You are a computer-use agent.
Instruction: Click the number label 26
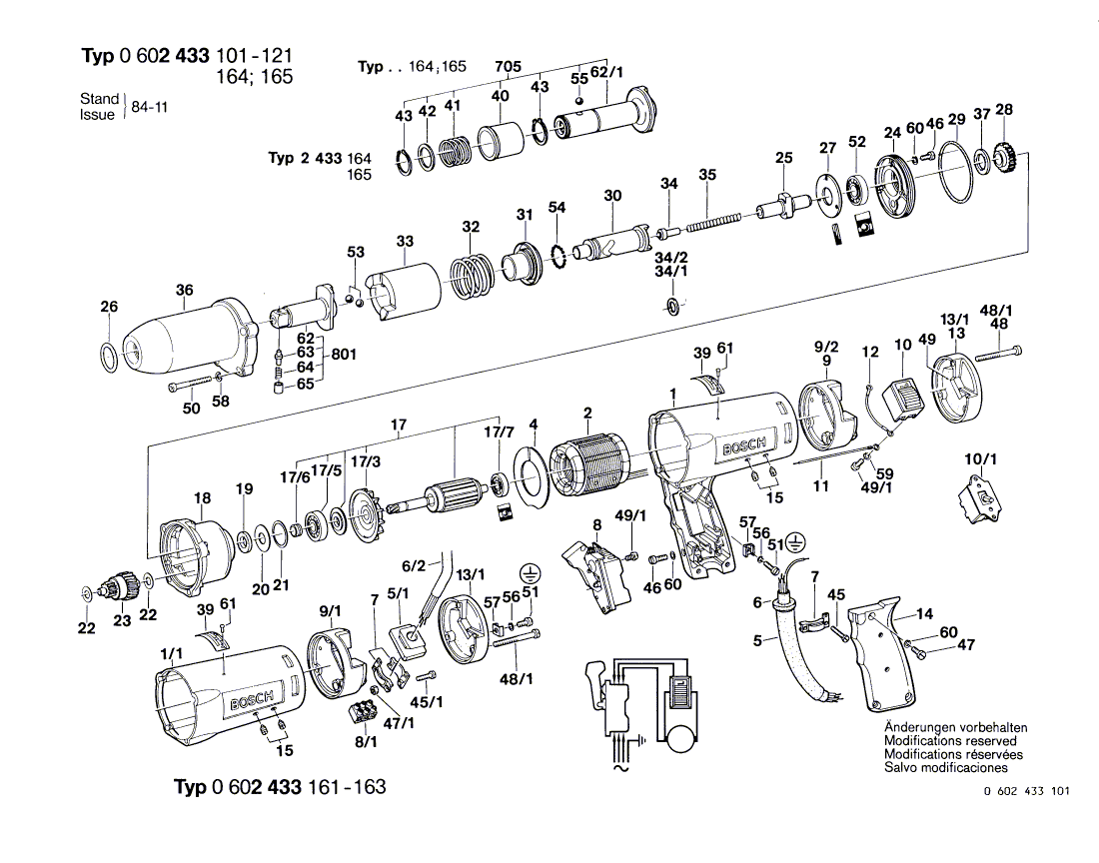109,307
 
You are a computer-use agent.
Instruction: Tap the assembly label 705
508,67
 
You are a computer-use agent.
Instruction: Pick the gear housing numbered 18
194,554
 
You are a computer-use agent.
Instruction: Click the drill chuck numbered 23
121,586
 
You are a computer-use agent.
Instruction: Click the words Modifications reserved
950,741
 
